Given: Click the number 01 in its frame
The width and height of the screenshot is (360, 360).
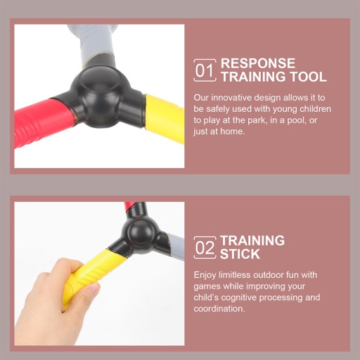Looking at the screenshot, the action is (x=205, y=70).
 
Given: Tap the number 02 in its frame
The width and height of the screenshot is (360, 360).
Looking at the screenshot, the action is (x=205, y=248).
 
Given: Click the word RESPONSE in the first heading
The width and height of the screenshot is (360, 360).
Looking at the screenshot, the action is (x=258, y=63).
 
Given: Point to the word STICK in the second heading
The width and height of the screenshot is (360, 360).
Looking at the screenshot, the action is (x=240, y=254).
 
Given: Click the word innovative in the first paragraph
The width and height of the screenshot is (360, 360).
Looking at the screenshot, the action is (x=231, y=98).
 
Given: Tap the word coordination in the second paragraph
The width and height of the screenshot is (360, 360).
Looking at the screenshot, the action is (x=219, y=309).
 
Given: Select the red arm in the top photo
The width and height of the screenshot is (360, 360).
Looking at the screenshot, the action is (x=44, y=121).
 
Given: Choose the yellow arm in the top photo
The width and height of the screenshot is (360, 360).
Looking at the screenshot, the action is (x=165, y=118).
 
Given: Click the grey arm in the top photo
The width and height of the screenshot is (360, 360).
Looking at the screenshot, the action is (x=94, y=44).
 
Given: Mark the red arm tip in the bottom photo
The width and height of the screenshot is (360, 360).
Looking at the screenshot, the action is (x=129, y=206).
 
